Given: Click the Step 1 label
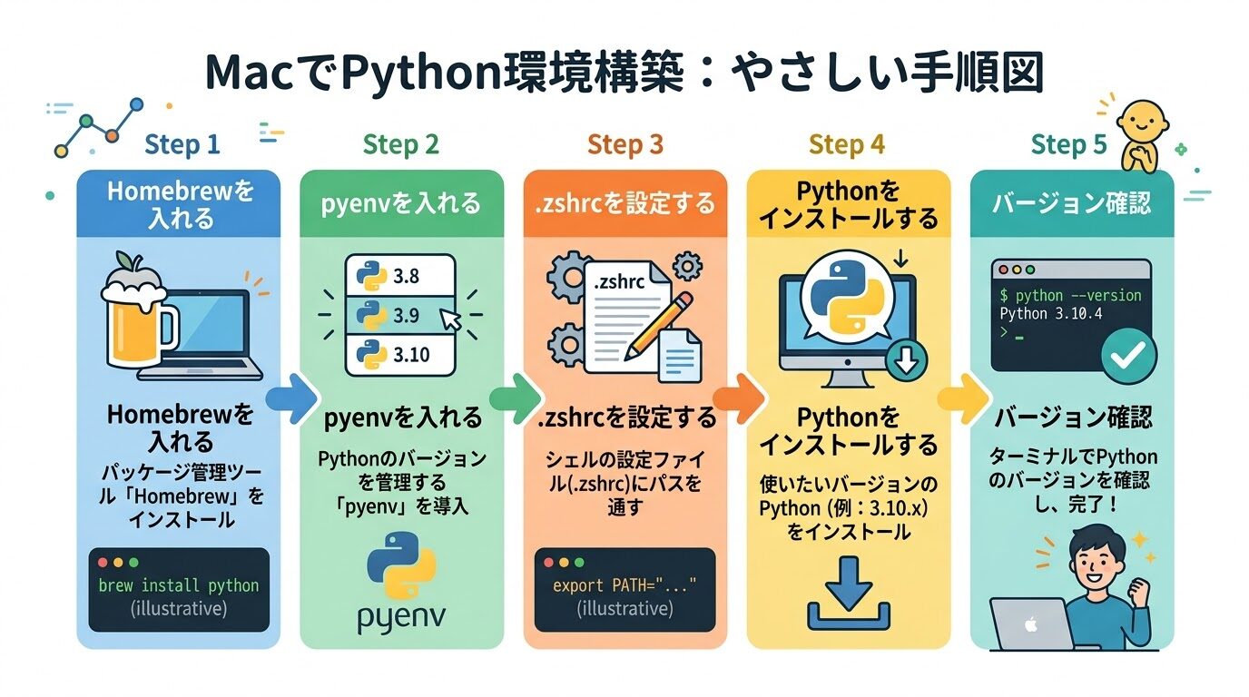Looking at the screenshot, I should pyautogui.click(x=182, y=145).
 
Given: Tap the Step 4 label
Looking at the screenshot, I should pyautogui.click(x=846, y=145).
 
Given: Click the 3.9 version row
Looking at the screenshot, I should pyautogui.click(x=399, y=317).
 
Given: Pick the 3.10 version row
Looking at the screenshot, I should pyautogui.click(x=399, y=354).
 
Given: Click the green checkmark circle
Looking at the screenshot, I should pyautogui.click(x=1128, y=358).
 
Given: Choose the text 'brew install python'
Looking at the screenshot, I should pyautogui.click(x=179, y=585).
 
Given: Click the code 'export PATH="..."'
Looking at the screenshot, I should pyautogui.click(x=624, y=585).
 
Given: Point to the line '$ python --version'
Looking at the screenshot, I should pyautogui.click(x=1070, y=296).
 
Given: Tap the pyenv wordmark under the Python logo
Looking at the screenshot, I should pyautogui.click(x=400, y=618).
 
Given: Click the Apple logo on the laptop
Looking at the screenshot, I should pyautogui.click(x=1029, y=626).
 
